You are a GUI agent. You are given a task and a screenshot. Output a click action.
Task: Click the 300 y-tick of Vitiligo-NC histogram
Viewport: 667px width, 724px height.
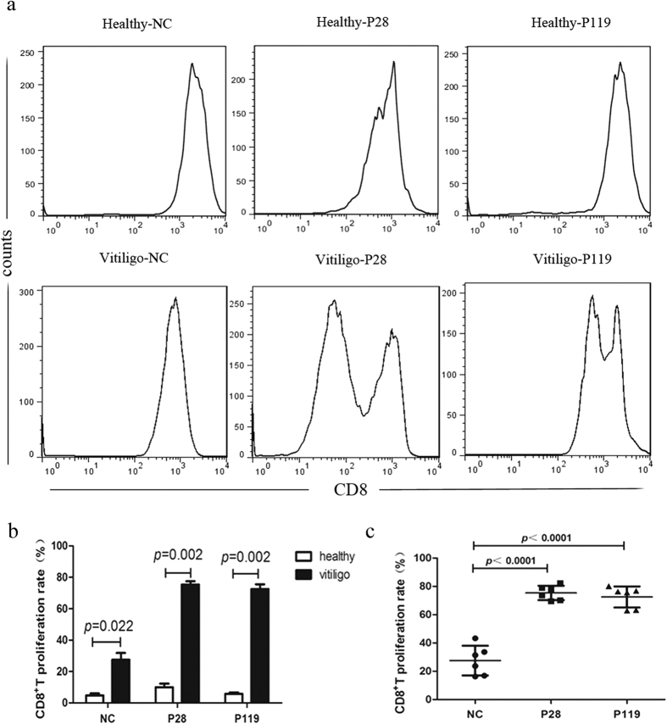(28, 291)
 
